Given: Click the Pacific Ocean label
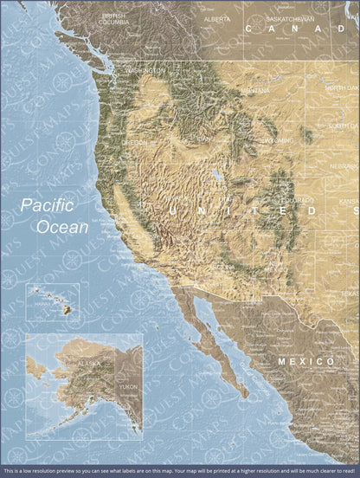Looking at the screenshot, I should click(55, 216).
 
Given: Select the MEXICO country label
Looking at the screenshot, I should click(305, 359).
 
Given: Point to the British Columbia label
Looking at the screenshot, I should click(113, 18).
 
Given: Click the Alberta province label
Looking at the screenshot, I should click(216, 18).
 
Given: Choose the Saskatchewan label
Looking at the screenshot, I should click(289, 18).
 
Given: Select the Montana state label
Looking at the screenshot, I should click(254, 90).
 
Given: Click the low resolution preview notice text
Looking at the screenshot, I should click(180, 471).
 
